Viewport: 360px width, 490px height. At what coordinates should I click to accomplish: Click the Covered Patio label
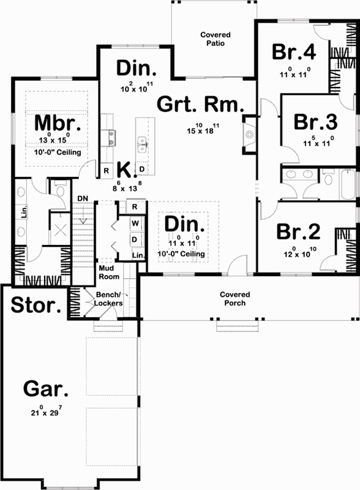pos(212,39)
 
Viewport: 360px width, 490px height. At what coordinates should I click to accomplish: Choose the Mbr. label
pos(53,123)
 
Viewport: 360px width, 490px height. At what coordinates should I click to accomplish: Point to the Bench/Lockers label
pos(109,300)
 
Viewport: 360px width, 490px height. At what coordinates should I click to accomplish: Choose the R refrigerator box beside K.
pos(106,170)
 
